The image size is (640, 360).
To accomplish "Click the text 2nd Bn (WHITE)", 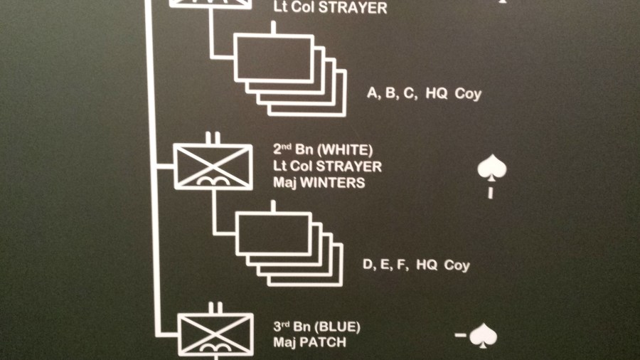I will [x=323, y=150].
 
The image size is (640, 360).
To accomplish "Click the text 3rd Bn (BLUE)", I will [x=317, y=327].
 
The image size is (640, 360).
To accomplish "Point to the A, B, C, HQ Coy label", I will [x=424, y=93].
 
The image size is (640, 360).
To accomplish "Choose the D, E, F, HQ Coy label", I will [x=416, y=265].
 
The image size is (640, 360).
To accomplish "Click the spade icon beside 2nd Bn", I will [x=491, y=169].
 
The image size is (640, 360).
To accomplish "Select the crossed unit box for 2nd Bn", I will [x=213, y=166].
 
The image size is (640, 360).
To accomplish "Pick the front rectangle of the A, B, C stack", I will [x=273, y=57].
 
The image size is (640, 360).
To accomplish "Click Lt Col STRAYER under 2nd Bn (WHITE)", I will [x=327, y=166].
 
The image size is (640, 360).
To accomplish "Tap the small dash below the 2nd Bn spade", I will [x=490, y=193].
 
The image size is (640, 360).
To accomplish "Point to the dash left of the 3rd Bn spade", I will [x=461, y=334].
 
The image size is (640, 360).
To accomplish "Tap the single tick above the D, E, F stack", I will [x=274, y=206].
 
